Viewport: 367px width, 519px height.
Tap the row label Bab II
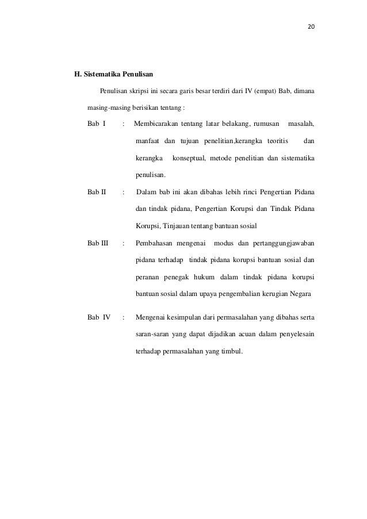pyautogui.click(x=97, y=192)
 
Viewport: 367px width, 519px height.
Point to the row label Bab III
pyautogui.click(x=98, y=243)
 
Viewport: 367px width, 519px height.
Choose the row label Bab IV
pyautogui.click(x=98, y=317)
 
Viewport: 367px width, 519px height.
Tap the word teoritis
pyautogui.click(x=278, y=141)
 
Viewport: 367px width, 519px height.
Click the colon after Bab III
pyautogui.click(x=124, y=243)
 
